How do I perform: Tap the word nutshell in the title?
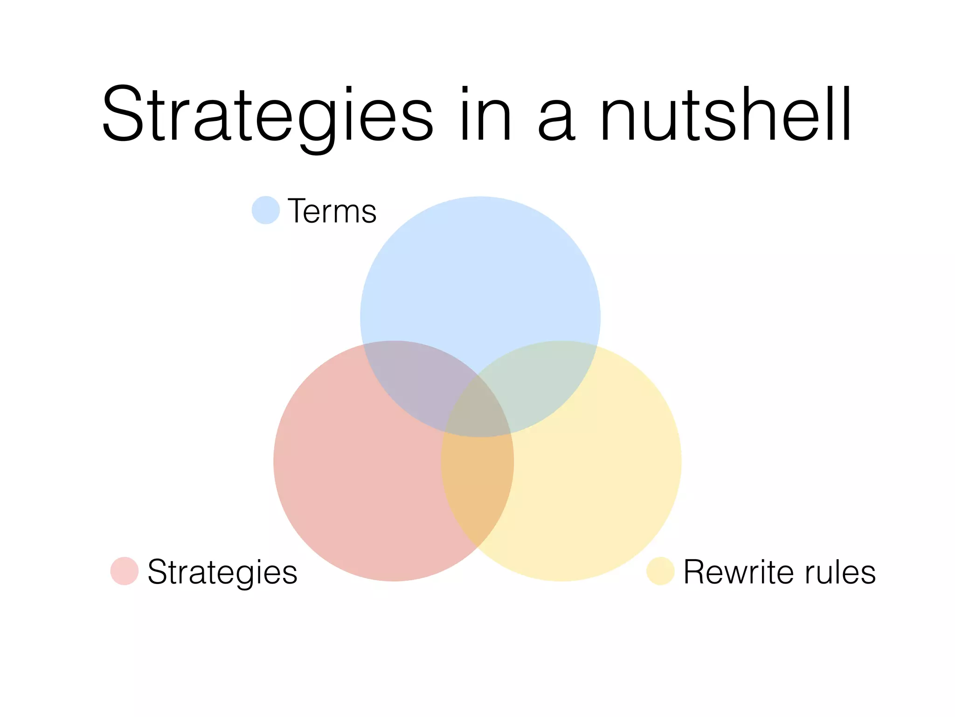click(726, 114)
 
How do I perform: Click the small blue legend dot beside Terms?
click(266, 210)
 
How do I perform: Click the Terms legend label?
click(332, 211)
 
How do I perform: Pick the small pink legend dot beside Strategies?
click(125, 570)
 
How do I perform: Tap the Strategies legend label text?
click(222, 572)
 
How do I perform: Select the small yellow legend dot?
click(660, 570)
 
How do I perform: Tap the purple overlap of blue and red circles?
click(410, 383)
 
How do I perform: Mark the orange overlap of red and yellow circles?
click(478, 485)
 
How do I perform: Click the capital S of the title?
click(123, 114)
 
